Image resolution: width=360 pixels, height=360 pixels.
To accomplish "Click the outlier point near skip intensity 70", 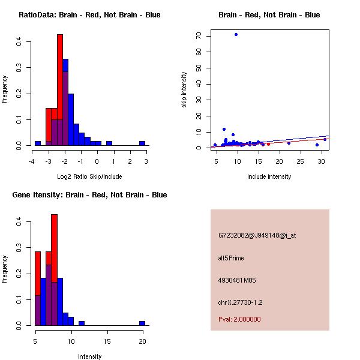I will (x=236, y=34).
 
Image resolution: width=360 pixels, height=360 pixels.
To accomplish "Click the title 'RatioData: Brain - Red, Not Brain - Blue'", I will (x=89, y=15).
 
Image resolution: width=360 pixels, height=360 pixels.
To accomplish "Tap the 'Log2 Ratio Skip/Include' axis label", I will (x=89, y=176).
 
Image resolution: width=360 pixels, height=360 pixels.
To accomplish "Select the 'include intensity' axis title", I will (x=269, y=176).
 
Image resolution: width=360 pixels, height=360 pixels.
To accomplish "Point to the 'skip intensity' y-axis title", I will (x=185, y=89).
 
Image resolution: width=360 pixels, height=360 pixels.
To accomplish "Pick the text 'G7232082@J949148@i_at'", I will (x=257, y=235).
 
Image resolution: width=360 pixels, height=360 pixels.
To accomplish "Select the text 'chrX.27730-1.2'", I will (x=240, y=302).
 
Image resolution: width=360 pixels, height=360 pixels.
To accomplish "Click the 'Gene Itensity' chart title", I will (x=89, y=195).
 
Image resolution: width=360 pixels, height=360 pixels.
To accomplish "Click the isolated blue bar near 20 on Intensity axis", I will (x=142, y=323).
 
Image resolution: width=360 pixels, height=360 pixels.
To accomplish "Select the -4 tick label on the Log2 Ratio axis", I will (x=31, y=161).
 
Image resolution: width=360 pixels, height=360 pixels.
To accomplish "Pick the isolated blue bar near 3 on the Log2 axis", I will (x=142, y=143).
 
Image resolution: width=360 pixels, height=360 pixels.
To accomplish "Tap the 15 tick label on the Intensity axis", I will (x=107, y=341).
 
